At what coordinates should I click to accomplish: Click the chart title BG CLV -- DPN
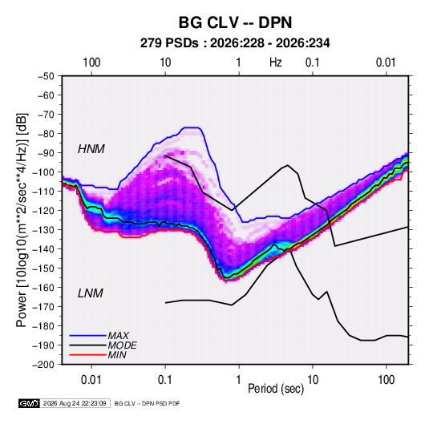point(235,22)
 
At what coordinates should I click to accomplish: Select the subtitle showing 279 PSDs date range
point(235,43)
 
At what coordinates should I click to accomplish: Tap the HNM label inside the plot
point(91,149)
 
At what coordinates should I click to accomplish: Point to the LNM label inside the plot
point(91,293)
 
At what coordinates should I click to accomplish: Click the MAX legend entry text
point(118,336)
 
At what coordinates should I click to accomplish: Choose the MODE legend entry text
point(123,345)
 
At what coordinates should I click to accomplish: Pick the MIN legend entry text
point(117,355)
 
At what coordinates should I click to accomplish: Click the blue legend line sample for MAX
point(87,336)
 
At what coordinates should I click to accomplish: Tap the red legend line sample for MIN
point(87,355)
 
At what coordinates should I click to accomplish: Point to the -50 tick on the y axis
point(46,76)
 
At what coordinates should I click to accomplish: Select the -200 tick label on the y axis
point(43,365)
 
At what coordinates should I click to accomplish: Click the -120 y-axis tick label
point(43,210)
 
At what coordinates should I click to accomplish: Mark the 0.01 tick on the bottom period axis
point(91,380)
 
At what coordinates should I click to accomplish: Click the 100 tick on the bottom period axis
point(386,380)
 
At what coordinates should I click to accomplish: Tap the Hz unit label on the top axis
point(276,63)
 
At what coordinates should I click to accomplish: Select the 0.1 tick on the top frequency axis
point(313,63)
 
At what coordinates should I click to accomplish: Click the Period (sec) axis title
point(276,389)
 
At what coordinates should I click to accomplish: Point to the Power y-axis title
point(22,220)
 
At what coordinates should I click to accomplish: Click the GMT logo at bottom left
point(29,403)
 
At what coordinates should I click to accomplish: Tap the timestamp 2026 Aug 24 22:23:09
point(75,403)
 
